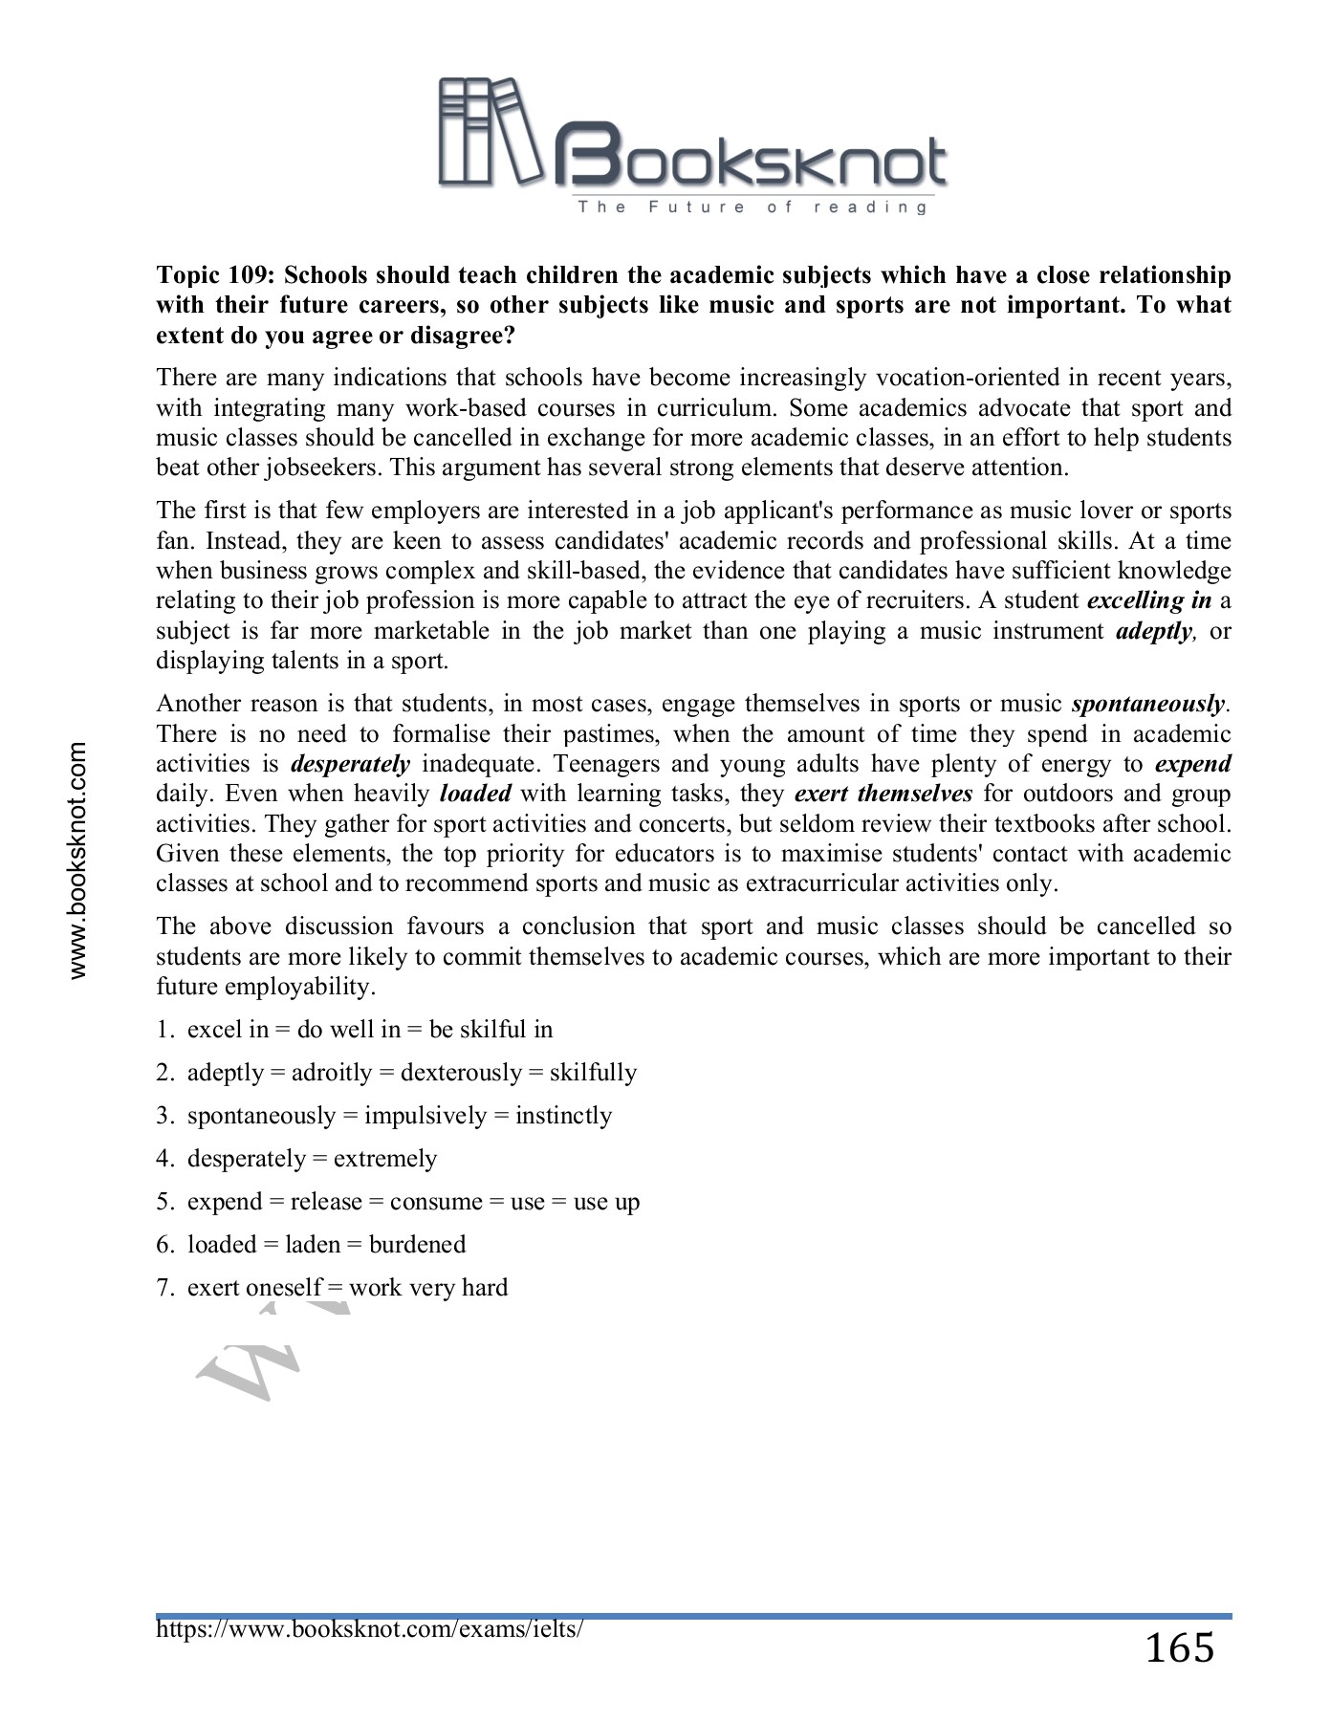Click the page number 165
(x=1179, y=1648)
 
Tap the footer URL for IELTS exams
(x=369, y=1628)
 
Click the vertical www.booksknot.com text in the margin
(x=77, y=860)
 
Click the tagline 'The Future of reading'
(x=752, y=207)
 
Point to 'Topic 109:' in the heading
(x=216, y=275)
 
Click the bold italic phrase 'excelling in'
(x=1149, y=600)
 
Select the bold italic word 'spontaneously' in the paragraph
(x=1147, y=705)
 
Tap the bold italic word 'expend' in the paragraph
(x=1192, y=764)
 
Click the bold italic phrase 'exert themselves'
(x=883, y=794)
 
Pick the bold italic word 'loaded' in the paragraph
(x=475, y=794)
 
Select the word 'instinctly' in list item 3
(x=563, y=1116)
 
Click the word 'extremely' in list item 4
(x=384, y=1159)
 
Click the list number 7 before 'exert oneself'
(x=164, y=1288)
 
